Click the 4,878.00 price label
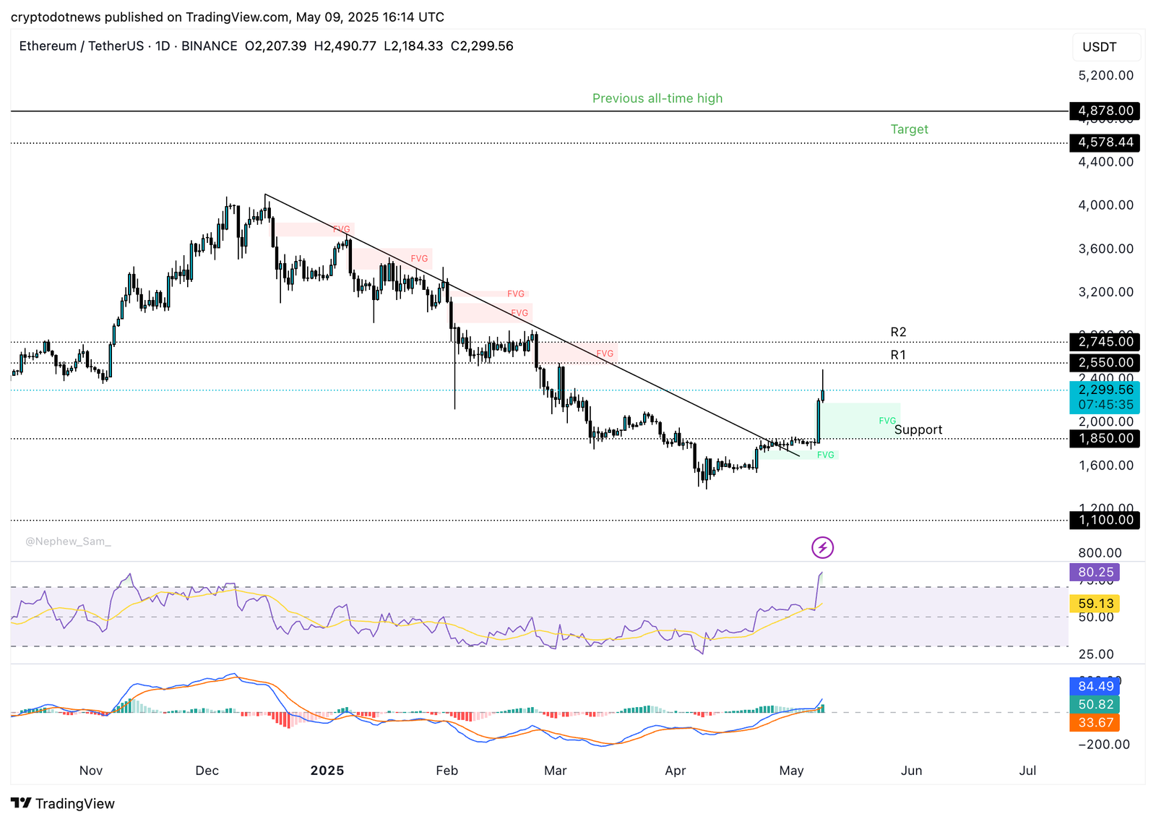coord(1105,111)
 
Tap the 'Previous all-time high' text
coord(657,98)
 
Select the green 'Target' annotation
coord(909,129)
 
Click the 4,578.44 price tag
coord(1105,142)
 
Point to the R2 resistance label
coord(898,332)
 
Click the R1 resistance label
coord(898,355)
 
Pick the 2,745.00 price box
coord(1105,341)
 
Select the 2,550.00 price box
coord(1105,362)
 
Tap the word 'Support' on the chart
coord(918,429)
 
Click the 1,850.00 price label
coord(1105,438)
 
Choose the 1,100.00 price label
coord(1105,520)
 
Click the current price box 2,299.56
coord(1105,390)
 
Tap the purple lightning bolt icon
coord(822,548)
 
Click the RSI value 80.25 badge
coord(1095,572)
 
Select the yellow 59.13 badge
coord(1095,603)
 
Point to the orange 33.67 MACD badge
coord(1095,722)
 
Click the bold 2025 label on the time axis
coord(327,771)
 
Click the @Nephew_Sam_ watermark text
coord(68,541)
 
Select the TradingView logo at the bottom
coord(63,803)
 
